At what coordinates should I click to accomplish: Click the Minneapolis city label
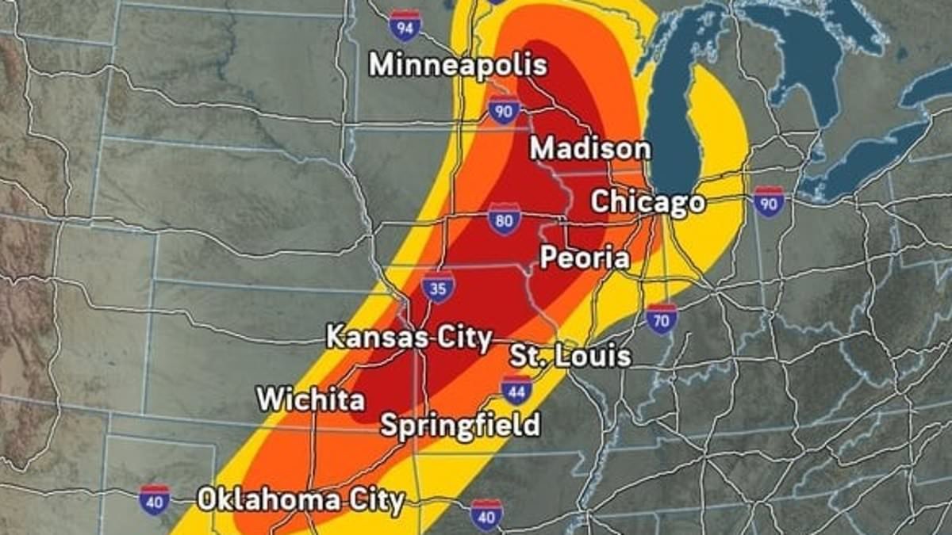click(x=458, y=65)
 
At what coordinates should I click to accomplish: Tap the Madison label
click(x=590, y=148)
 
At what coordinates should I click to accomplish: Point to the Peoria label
click(x=585, y=258)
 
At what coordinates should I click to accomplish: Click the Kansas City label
click(x=409, y=338)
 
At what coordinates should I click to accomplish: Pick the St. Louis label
click(x=570, y=355)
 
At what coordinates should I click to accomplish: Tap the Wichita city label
click(x=310, y=399)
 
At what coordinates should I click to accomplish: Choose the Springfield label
click(x=460, y=425)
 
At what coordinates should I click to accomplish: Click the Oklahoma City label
click(x=301, y=500)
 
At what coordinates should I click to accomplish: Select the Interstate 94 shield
click(x=405, y=28)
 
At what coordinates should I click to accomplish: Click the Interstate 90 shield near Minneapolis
click(x=505, y=110)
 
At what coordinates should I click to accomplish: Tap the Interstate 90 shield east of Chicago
click(x=769, y=202)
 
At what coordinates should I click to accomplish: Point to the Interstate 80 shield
click(x=505, y=220)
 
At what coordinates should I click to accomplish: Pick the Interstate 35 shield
click(x=438, y=286)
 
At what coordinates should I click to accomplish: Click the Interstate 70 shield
click(x=662, y=318)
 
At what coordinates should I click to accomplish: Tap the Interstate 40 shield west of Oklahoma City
click(x=154, y=500)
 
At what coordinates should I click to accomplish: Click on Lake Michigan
click(x=674, y=119)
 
